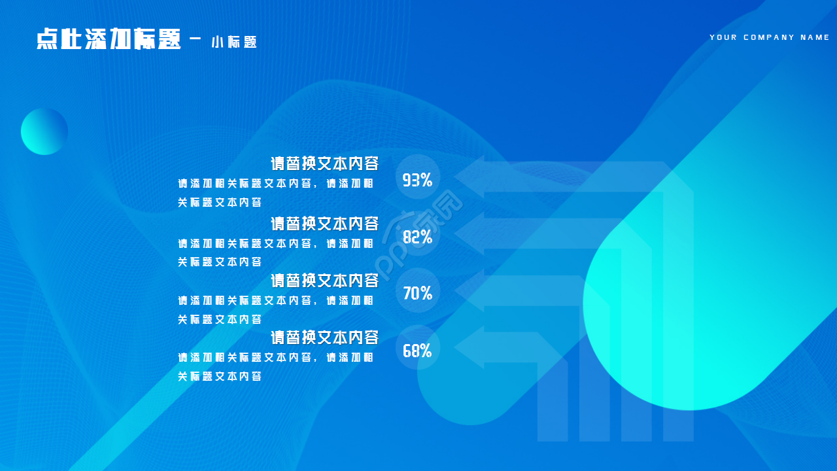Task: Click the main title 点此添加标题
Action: click(109, 39)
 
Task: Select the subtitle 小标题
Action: click(234, 43)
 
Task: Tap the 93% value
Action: click(417, 180)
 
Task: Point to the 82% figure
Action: click(417, 237)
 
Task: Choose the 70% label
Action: click(417, 294)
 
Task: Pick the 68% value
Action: click(417, 351)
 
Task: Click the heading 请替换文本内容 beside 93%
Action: click(325, 164)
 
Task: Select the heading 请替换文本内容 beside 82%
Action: click(325, 224)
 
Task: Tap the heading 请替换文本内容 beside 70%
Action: click(325, 281)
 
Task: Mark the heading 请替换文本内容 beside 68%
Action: click(325, 338)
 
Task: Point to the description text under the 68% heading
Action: click(275, 367)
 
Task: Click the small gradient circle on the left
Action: click(44, 131)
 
